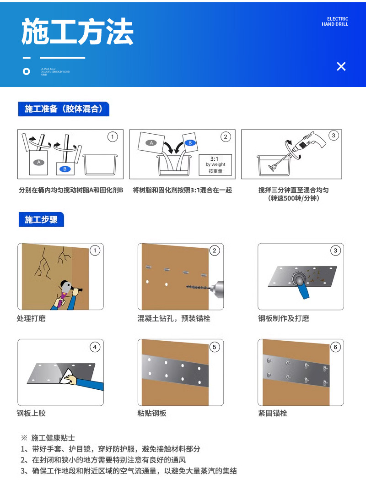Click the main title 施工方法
tap(77, 32)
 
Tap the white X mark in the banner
tap(341, 66)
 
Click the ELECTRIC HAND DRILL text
tap(334, 22)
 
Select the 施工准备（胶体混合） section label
tap(64, 109)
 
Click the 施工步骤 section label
tap(41, 219)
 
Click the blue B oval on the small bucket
tap(65, 169)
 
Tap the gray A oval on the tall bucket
tap(39, 162)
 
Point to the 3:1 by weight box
tap(215, 164)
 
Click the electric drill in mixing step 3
tap(308, 142)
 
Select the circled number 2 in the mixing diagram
tap(225, 136)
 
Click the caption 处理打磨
tap(31, 318)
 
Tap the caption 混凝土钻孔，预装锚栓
tap(174, 318)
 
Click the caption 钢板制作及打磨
tap(284, 318)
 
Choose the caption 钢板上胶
tap(31, 413)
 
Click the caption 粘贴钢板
tap(152, 413)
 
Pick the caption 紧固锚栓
tap(273, 413)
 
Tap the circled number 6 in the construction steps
tap(335, 347)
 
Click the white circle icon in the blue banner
tap(27, 71)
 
